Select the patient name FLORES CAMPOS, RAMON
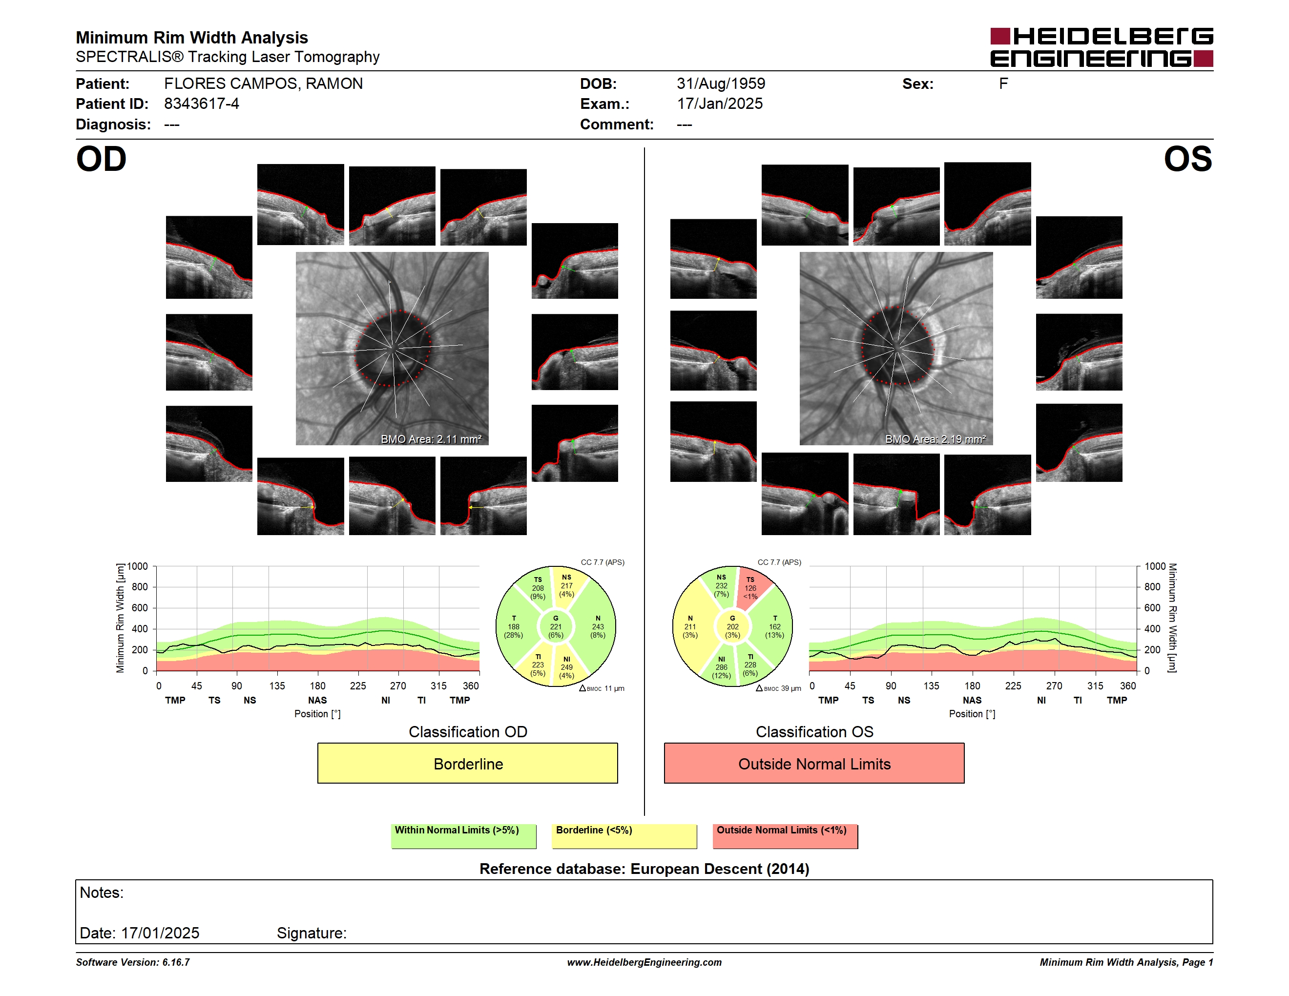263,84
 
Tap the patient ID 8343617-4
201,104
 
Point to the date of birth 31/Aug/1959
721,84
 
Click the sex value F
1003,84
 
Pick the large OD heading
101,159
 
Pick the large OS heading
1188,159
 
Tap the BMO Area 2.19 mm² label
936,439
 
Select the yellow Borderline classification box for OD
467,764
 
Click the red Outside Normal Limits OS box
814,764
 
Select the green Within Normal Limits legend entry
463,836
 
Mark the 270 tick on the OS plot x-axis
1054,685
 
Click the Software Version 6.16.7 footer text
133,962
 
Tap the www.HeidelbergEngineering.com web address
644,962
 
